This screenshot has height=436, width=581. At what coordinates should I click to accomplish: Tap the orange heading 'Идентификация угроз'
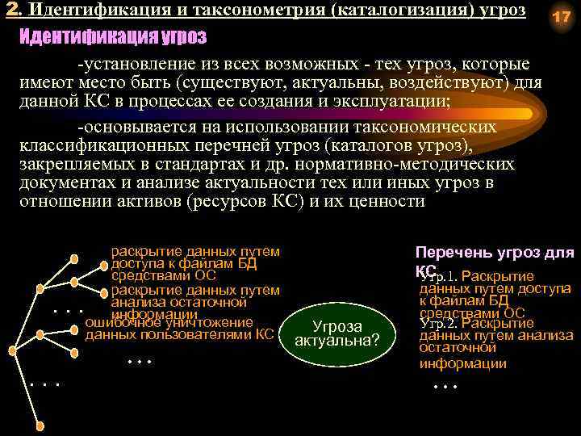(112, 37)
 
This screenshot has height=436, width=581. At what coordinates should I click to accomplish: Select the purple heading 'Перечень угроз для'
(494, 253)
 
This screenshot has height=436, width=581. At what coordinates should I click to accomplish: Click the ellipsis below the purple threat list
(445, 386)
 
